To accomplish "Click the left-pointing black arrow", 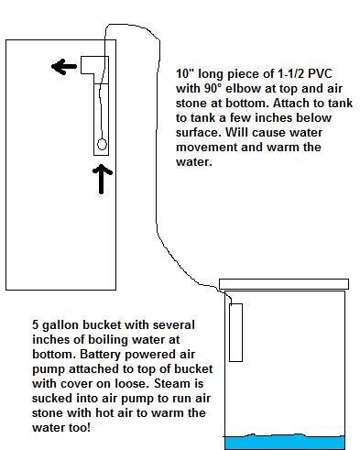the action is (x=64, y=66).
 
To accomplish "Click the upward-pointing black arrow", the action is (x=102, y=179).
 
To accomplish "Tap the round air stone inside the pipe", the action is (x=102, y=144).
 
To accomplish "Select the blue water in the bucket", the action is (x=285, y=442).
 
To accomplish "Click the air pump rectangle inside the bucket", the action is (x=235, y=333).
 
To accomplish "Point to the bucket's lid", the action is (x=284, y=284).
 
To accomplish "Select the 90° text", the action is (x=212, y=88).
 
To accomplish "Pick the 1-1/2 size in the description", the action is (x=289, y=73).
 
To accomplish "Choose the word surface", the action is (x=198, y=133).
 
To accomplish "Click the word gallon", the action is (x=60, y=325).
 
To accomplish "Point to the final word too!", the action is (x=80, y=427).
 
